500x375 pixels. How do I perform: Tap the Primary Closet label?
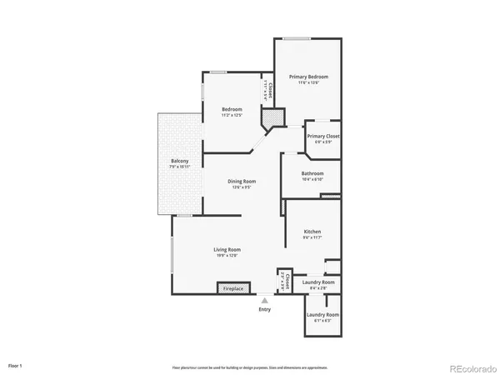pos(322,137)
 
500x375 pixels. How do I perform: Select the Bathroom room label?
pos(312,173)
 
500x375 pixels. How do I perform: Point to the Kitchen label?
pos(312,232)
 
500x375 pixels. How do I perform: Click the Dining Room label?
pos(242,181)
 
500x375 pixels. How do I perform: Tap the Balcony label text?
pos(180,161)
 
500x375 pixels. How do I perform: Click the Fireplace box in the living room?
pos(232,288)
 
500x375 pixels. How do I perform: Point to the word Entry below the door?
pos(265,308)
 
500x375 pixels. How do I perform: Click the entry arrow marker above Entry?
pos(265,299)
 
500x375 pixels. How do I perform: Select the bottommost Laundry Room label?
pos(321,315)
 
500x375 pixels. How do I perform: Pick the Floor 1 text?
pos(16,365)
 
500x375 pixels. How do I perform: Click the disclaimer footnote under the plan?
pos(250,366)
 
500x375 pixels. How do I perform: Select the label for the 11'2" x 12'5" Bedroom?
pos(232,110)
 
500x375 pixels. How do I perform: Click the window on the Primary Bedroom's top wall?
pos(292,38)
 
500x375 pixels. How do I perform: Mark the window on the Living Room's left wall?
pos(172,254)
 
